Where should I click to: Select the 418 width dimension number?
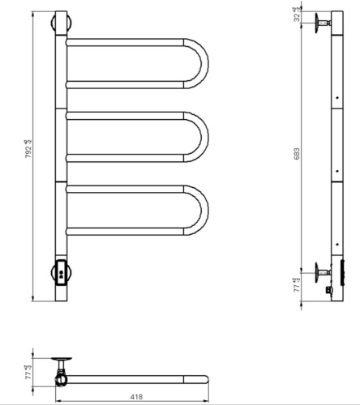click(131, 397)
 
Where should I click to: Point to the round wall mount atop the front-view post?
click(59, 21)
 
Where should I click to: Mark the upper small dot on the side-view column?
click(334, 101)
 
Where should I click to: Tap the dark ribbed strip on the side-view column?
click(341, 272)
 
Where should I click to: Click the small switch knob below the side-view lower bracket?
click(328, 288)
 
